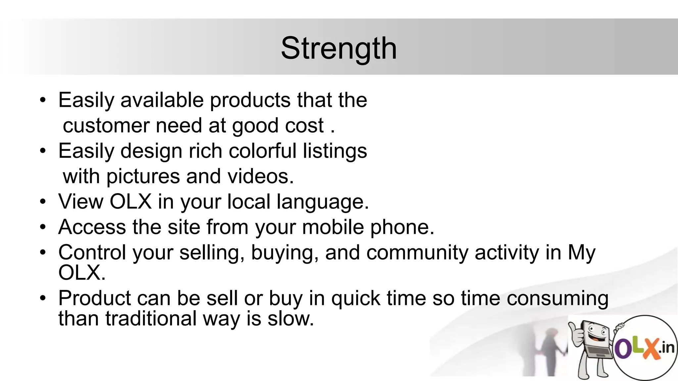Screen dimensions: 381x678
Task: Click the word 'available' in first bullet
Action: pos(162,100)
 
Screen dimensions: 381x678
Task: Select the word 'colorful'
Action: pos(262,151)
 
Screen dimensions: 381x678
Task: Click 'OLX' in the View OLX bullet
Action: pos(130,201)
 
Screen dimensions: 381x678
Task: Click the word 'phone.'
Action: pos(402,228)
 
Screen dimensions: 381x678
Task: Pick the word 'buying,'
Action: pos(285,253)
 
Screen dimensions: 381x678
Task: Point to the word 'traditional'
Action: pos(151,319)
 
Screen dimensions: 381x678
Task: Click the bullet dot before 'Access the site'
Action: pos(43,227)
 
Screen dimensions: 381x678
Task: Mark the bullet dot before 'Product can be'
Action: pos(43,298)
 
